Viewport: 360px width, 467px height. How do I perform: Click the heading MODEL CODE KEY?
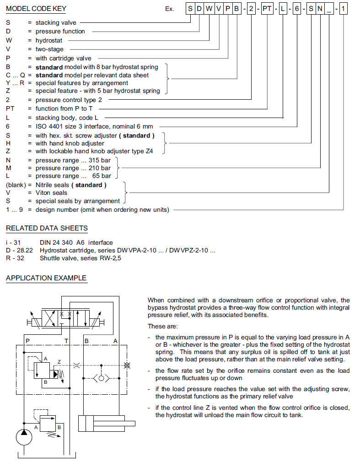pos(36,9)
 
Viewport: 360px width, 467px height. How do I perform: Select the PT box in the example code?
pos(267,9)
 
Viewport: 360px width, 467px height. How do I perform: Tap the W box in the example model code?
pos(209,9)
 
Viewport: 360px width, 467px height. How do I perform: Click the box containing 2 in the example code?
pos(251,9)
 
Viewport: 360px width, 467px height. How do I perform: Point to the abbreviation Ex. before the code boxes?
pos(170,9)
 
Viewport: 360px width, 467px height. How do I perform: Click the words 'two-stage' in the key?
pos(49,49)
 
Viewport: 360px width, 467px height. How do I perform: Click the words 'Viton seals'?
pos(51,193)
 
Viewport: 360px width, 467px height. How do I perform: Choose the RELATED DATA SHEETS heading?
pos(47,228)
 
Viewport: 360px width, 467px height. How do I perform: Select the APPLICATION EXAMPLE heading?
pos(46,278)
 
